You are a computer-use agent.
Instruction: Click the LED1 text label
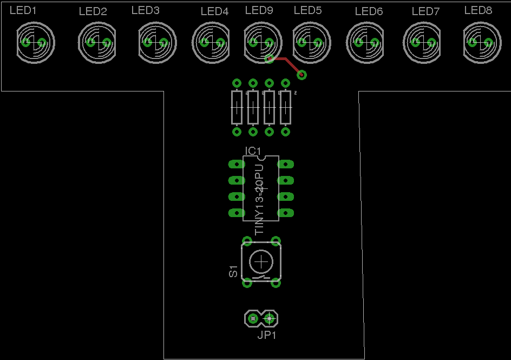pyautogui.click(x=23, y=10)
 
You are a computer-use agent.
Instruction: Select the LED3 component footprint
pyautogui.click(x=157, y=42)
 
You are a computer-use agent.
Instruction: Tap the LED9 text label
pyautogui.click(x=259, y=10)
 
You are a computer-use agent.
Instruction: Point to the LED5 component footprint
pyautogui.click(x=311, y=42)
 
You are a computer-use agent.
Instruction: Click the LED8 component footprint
pyautogui.click(x=481, y=42)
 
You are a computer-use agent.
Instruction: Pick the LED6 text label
pyautogui.click(x=369, y=11)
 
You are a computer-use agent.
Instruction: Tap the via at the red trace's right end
pyautogui.click(x=302, y=75)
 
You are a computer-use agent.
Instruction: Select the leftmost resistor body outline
pyautogui.click(x=237, y=107)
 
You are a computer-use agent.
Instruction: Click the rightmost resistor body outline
pyautogui.click(x=285, y=107)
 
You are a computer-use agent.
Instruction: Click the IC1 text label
pyautogui.click(x=253, y=150)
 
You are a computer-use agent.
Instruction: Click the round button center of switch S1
pyautogui.click(x=261, y=262)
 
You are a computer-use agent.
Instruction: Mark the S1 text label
pyautogui.click(x=233, y=271)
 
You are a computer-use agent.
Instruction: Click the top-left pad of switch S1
pyautogui.click(x=247, y=241)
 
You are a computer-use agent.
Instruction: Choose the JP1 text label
pyautogui.click(x=267, y=335)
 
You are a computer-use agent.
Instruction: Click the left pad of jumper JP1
pyautogui.click(x=252, y=319)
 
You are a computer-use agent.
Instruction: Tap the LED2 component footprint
pyautogui.click(x=97, y=42)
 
